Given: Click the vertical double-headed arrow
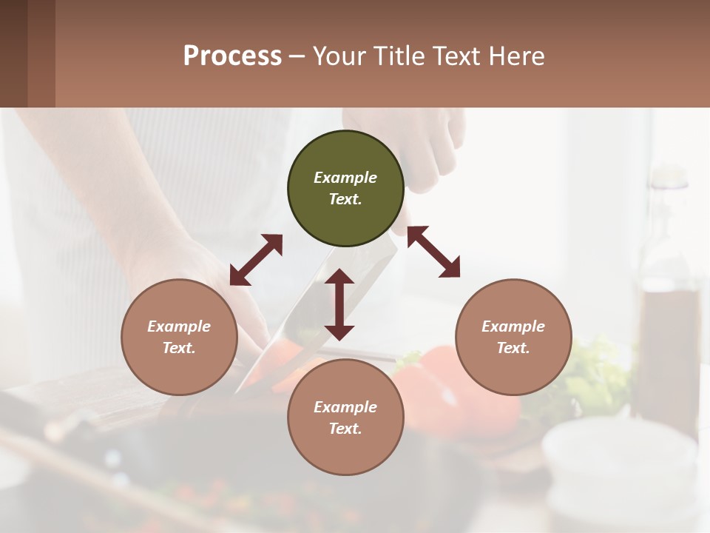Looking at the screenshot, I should click(339, 304).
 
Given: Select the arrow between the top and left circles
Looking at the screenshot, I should click(256, 260).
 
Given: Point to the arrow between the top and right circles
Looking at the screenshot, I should click(434, 252).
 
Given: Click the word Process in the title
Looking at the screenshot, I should click(232, 56).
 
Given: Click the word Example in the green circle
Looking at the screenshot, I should click(345, 178).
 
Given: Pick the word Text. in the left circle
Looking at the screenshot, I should click(179, 348).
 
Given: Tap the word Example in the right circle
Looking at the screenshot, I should click(513, 326).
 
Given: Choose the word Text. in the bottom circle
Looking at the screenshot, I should click(345, 429).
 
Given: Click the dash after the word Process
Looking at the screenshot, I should click(297, 56).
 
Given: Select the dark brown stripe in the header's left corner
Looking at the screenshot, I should click(13, 53).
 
